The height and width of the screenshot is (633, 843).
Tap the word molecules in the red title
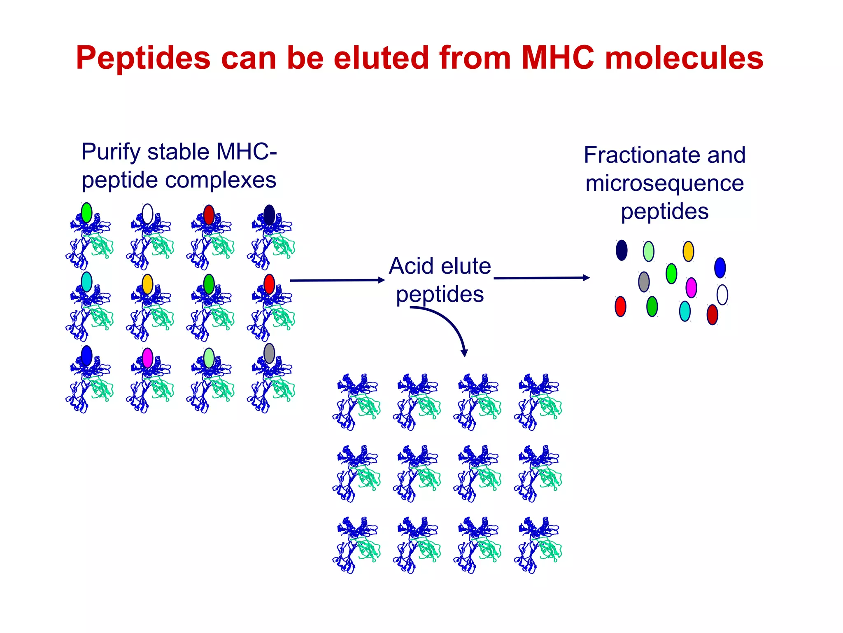coord(684,58)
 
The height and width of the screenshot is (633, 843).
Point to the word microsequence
coord(664,183)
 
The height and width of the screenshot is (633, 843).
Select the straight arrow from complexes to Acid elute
coord(337,280)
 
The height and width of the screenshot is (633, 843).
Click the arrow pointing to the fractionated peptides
coord(541,278)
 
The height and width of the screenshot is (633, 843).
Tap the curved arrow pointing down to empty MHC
coord(449,326)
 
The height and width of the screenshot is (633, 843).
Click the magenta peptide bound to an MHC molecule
coord(147,358)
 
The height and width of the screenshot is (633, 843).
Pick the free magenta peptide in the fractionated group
coord(691,288)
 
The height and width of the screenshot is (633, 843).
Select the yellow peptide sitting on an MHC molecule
coord(147,284)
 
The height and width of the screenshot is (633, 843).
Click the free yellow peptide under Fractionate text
coord(688,251)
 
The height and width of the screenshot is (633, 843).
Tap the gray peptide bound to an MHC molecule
coord(269,353)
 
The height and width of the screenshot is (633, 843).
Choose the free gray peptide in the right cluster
coord(644,282)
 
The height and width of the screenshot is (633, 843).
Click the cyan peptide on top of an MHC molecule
coord(86,281)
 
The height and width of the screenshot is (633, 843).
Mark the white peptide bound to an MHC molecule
coord(147,214)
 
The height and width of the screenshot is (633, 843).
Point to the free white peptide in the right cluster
coord(722,295)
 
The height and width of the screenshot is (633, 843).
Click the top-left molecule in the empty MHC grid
coord(356,402)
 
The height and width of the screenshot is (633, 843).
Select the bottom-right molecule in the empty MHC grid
coord(538,545)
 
